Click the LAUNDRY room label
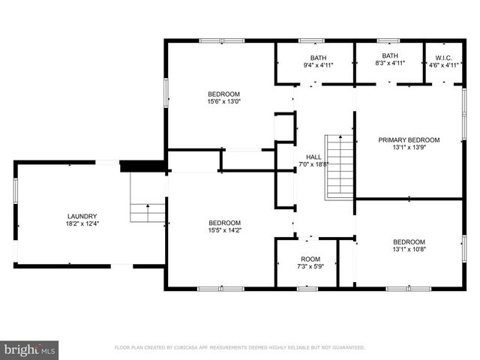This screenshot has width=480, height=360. tap(82, 216)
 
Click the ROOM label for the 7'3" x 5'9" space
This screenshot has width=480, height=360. tap(310, 259)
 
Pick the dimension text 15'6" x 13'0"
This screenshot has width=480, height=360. tap(224, 101)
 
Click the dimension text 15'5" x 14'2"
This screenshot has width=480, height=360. tap(224, 230)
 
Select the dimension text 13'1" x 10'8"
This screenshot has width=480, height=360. tap(409, 250)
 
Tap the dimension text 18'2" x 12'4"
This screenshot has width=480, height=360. tap(82, 223)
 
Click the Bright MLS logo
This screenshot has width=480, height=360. tap(30, 349)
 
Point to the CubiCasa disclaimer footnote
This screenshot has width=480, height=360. tap(239, 348)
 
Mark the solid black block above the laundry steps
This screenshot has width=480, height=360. tap(142, 166)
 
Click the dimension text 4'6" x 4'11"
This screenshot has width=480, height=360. tap(442, 64)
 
